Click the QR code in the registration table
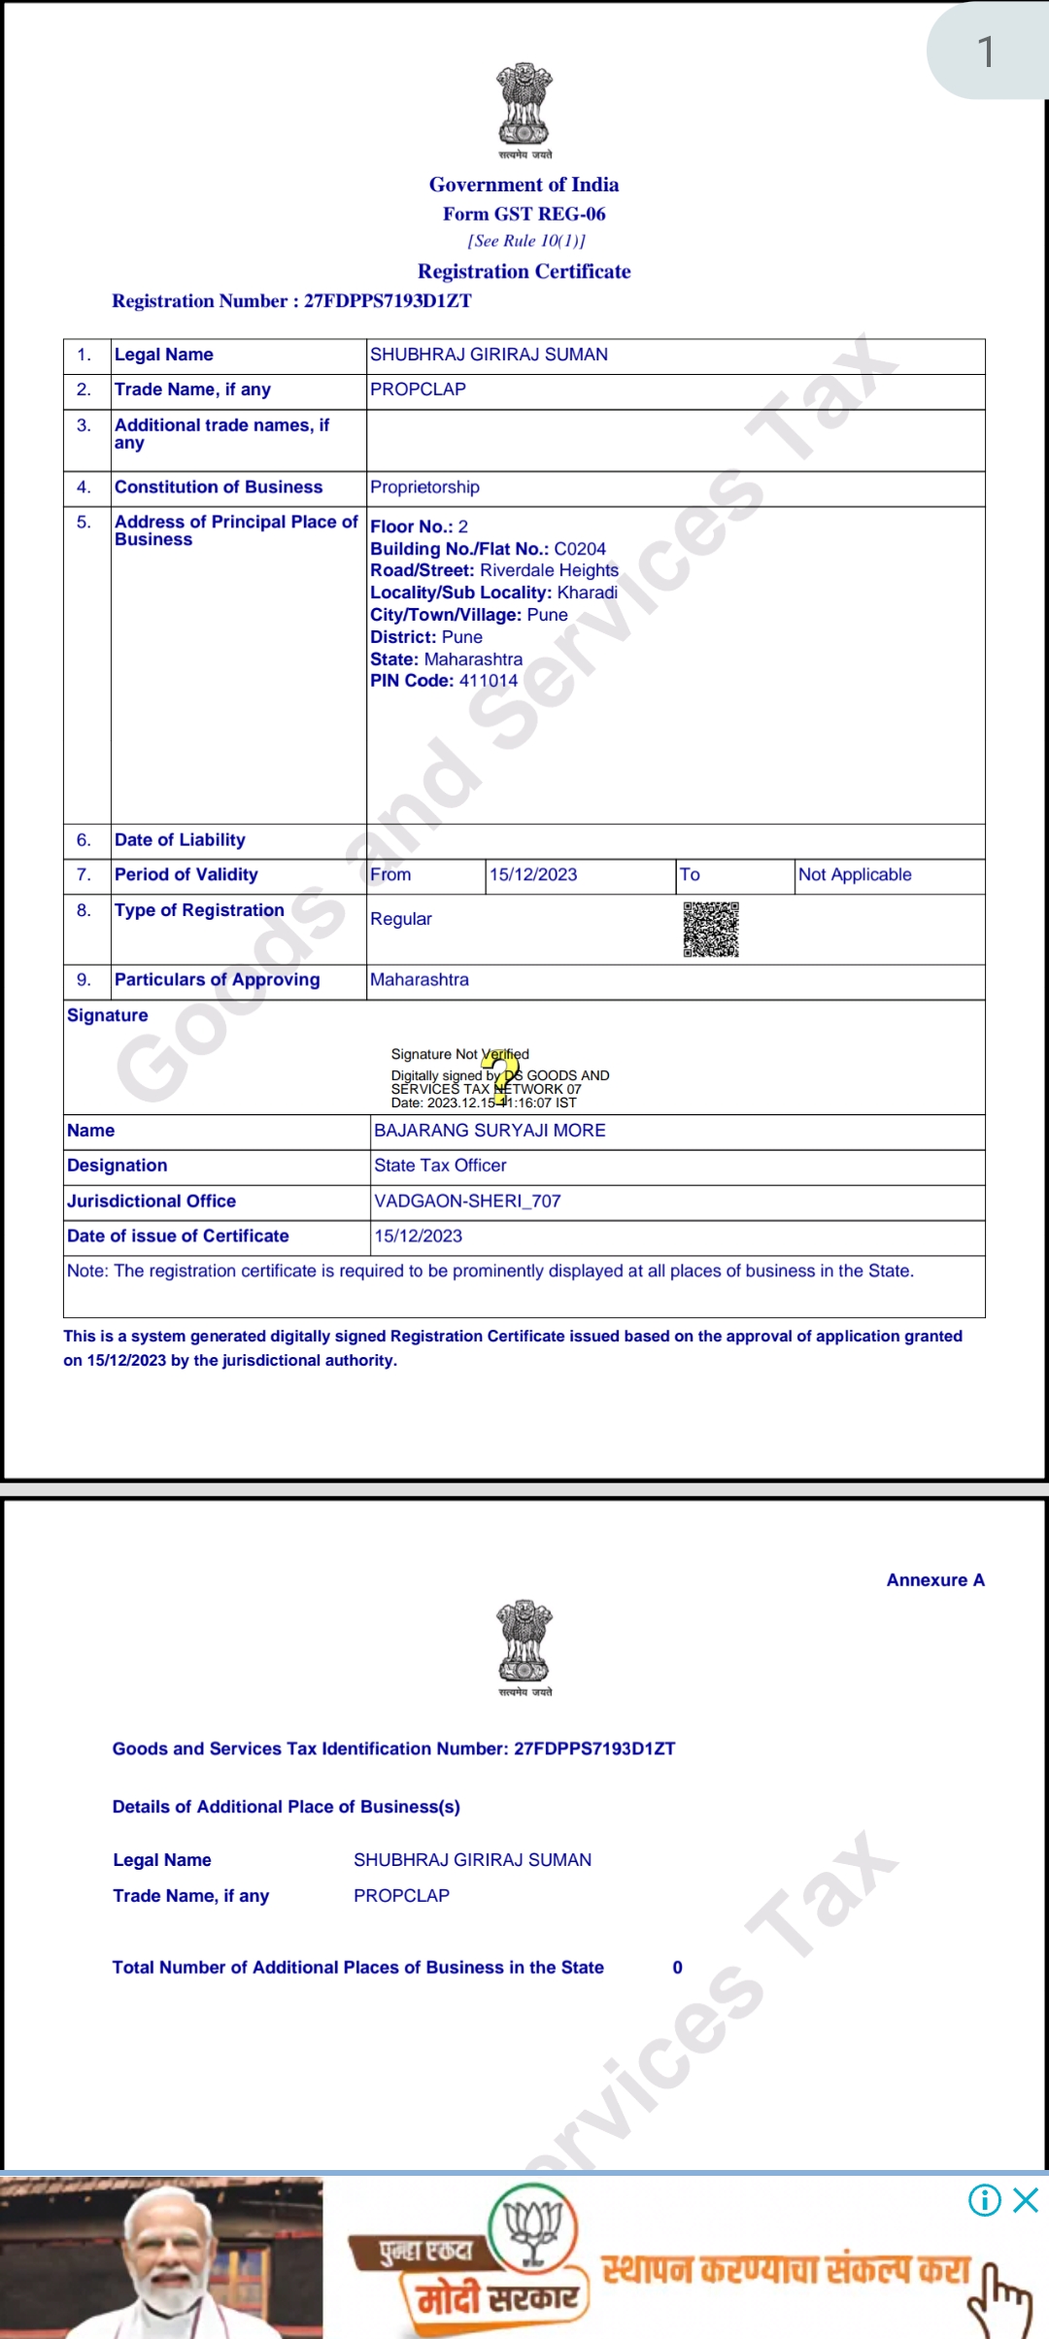tap(710, 930)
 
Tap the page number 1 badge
tap(986, 52)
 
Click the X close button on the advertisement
tap(1026, 2200)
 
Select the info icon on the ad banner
tap(984, 2200)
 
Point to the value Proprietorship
tap(424, 488)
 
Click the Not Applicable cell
tap(855, 875)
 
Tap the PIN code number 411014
tap(489, 681)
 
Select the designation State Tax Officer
tap(440, 1166)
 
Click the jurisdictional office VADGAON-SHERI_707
tap(467, 1202)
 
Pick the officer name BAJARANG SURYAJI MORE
tap(490, 1131)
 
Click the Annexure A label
tap(935, 1580)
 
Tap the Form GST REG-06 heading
tap(524, 214)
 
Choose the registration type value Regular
tap(401, 919)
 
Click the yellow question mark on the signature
tap(500, 1077)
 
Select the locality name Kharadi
tap(587, 593)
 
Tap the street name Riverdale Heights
tap(549, 570)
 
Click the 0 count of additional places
tap(677, 1968)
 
